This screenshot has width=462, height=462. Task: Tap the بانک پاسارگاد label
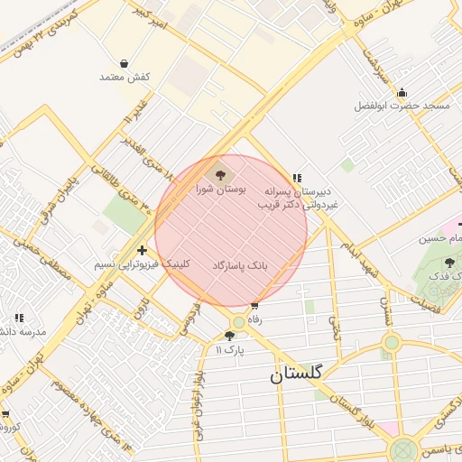241,267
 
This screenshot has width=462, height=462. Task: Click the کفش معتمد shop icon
124,63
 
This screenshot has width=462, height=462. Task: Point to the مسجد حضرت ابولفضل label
402,106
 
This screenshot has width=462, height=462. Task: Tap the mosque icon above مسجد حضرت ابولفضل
402,91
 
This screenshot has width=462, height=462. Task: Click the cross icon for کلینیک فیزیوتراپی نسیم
141,250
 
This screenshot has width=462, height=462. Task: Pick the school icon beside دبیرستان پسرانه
296,178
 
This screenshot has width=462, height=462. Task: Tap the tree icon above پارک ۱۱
229,336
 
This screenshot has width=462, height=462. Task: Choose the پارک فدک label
442,276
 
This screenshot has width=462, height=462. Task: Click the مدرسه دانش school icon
19,318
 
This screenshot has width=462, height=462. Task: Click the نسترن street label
386,311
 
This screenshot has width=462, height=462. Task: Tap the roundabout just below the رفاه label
238,322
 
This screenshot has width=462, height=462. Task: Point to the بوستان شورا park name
217,190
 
